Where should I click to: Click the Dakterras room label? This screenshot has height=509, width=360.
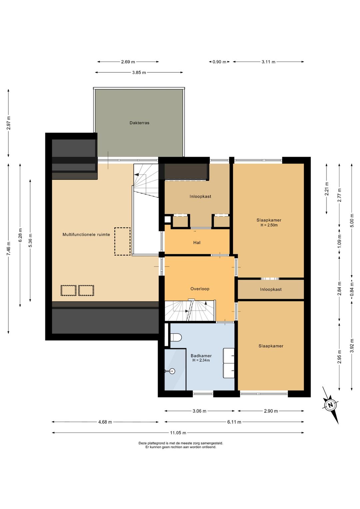[139, 123]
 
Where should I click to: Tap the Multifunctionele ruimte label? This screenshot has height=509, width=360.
[86, 234]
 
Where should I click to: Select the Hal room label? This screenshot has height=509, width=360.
[197, 243]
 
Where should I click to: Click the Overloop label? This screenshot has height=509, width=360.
[200, 289]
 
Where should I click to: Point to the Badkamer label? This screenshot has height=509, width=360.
[201, 356]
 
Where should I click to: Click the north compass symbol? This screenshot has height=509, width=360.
[330, 405]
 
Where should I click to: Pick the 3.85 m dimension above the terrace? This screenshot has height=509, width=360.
[139, 72]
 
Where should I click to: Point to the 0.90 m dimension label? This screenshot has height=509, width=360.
[219, 62]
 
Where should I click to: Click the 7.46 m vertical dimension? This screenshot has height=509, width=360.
[9, 248]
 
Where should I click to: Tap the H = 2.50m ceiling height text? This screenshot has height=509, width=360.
[269, 225]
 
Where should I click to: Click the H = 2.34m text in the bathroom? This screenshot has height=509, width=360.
[201, 360]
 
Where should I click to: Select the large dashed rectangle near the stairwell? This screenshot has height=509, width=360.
[122, 241]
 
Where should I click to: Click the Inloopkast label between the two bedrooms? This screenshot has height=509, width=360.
[271, 289]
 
